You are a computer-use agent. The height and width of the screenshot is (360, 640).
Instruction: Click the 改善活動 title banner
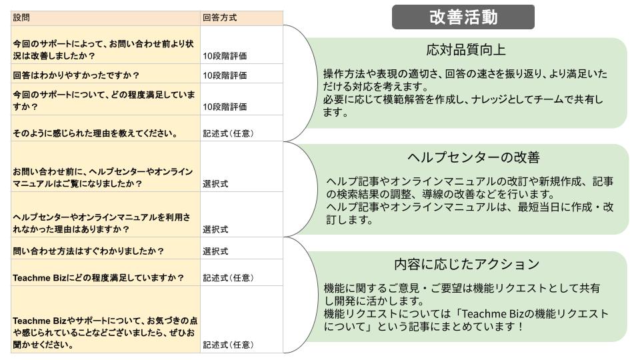click(x=463, y=17)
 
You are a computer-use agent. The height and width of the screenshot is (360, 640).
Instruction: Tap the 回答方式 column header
click(x=219, y=18)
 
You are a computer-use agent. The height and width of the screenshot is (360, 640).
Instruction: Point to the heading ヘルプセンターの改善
click(x=473, y=157)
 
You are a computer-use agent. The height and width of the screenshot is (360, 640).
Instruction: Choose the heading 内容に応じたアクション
click(x=467, y=264)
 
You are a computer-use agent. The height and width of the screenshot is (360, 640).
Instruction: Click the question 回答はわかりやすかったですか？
click(x=77, y=75)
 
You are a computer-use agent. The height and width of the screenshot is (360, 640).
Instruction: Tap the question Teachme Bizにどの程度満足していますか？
click(x=98, y=277)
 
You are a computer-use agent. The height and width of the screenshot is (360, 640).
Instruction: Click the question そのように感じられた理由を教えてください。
click(x=94, y=133)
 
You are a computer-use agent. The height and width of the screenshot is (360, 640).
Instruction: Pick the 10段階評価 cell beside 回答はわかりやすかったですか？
click(x=225, y=75)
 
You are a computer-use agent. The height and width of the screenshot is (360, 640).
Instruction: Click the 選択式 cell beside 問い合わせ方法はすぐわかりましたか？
click(x=215, y=251)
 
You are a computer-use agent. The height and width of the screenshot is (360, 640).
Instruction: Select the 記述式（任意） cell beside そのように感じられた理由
click(x=228, y=133)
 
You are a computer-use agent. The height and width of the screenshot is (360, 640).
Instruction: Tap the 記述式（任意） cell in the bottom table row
click(x=228, y=345)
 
